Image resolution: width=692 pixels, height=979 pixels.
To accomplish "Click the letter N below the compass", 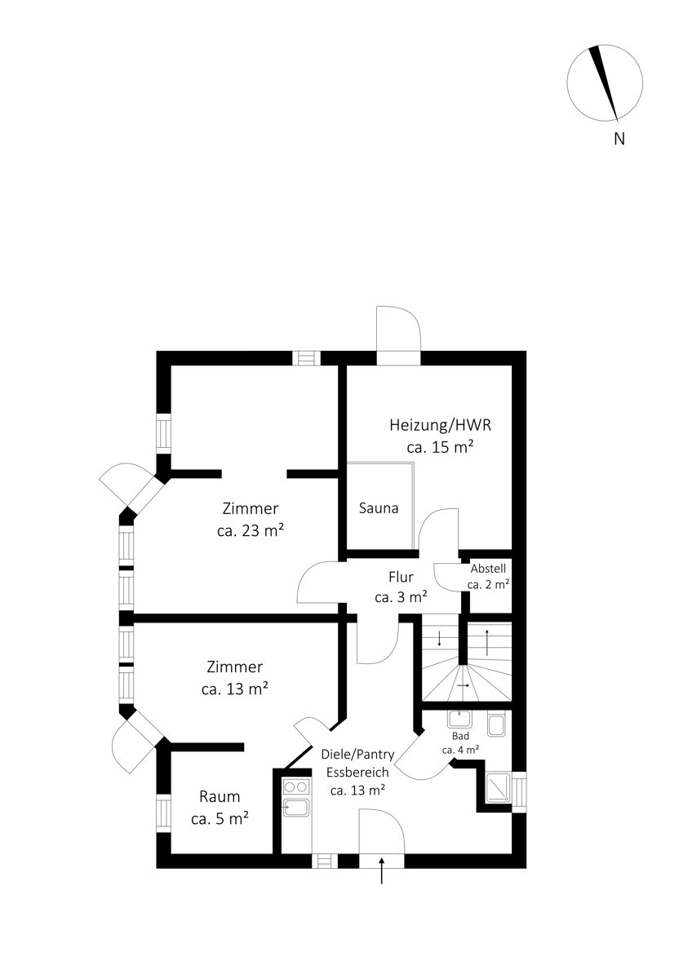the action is pos(619,139).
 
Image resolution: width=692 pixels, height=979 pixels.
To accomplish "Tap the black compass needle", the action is pos(604,82).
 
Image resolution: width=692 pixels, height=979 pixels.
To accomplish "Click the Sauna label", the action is pos(379,508).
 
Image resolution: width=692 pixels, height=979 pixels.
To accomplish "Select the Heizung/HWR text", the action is pos(440,425).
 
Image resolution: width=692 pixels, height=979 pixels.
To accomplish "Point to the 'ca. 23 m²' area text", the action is pos(251,530).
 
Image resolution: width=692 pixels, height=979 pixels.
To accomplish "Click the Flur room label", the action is pos(401,577).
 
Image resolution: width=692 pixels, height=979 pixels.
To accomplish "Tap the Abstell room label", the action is pos(488,569).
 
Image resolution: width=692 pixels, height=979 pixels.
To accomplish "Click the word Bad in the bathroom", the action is pos(460,736).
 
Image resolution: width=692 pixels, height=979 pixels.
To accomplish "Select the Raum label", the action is pos(220,797).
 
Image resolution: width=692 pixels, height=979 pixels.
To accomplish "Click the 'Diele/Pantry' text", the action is pos(357,755).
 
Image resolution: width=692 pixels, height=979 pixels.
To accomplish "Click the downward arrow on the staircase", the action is pos(439,639).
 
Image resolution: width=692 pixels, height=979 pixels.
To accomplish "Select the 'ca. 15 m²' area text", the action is pos(440,448).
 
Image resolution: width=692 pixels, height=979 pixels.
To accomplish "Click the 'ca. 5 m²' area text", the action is pos(220,818).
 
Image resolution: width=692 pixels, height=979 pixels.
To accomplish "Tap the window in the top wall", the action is pos(307,358).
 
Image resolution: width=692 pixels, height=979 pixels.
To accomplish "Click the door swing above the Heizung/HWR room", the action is pos(399,329).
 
